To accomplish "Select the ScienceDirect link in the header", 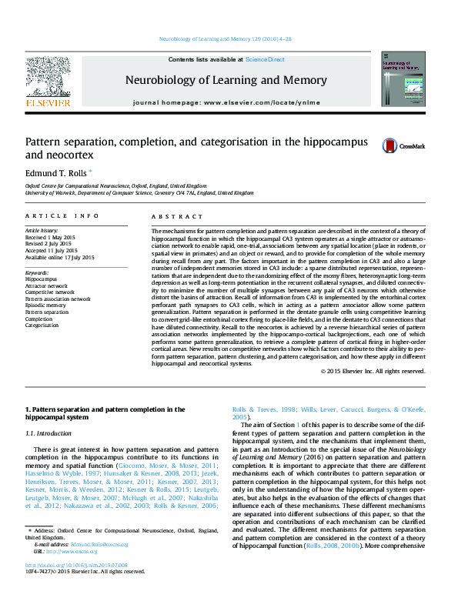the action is pos(265,59).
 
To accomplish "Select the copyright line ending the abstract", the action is pos(373,371).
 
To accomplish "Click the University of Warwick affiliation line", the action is pos(139,193).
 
